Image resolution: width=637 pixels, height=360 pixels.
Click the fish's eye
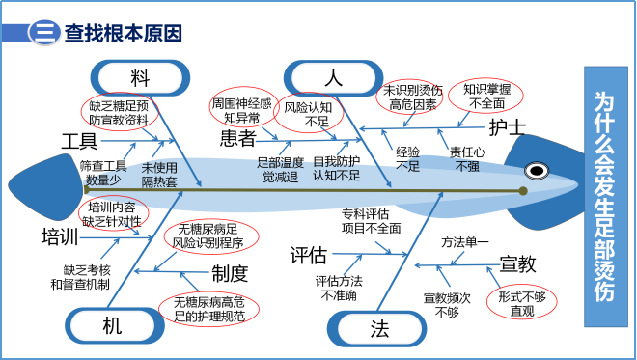(535, 171)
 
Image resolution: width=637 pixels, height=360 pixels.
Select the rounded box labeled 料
(140, 76)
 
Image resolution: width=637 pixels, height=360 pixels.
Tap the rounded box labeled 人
(334, 76)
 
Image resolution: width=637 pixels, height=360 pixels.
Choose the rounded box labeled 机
(113, 326)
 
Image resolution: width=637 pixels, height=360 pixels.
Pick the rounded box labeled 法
(379, 328)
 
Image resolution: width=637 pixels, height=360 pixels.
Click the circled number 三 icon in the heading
(42, 33)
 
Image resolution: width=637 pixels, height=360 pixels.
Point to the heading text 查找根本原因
(123, 33)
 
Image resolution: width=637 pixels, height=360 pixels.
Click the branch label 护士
(508, 126)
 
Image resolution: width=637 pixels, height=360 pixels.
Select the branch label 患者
(237, 138)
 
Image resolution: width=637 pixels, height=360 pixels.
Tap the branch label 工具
(79, 139)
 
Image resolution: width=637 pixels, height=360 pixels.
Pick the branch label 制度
(231, 273)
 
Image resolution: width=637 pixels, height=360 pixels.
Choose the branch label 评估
(309, 255)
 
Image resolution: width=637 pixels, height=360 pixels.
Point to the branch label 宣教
(517, 263)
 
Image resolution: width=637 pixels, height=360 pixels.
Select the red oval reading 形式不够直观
(521, 303)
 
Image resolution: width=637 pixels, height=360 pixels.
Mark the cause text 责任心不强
(466, 159)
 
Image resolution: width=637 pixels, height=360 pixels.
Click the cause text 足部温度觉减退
(280, 169)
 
